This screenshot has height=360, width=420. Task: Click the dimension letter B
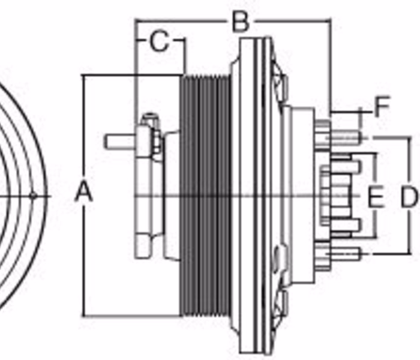[x=241, y=22]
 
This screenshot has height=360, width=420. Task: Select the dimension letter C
[x=160, y=41]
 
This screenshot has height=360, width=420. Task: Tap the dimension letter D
[x=409, y=197]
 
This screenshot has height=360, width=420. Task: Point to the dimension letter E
[x=376, y=197]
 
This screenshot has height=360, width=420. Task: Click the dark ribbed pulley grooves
[x=206, y=196]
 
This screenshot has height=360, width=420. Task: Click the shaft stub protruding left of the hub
[x=120, y=142]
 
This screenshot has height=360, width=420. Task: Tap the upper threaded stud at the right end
[x=346, y=138]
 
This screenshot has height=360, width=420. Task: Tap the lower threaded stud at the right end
[x=346, y=253]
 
